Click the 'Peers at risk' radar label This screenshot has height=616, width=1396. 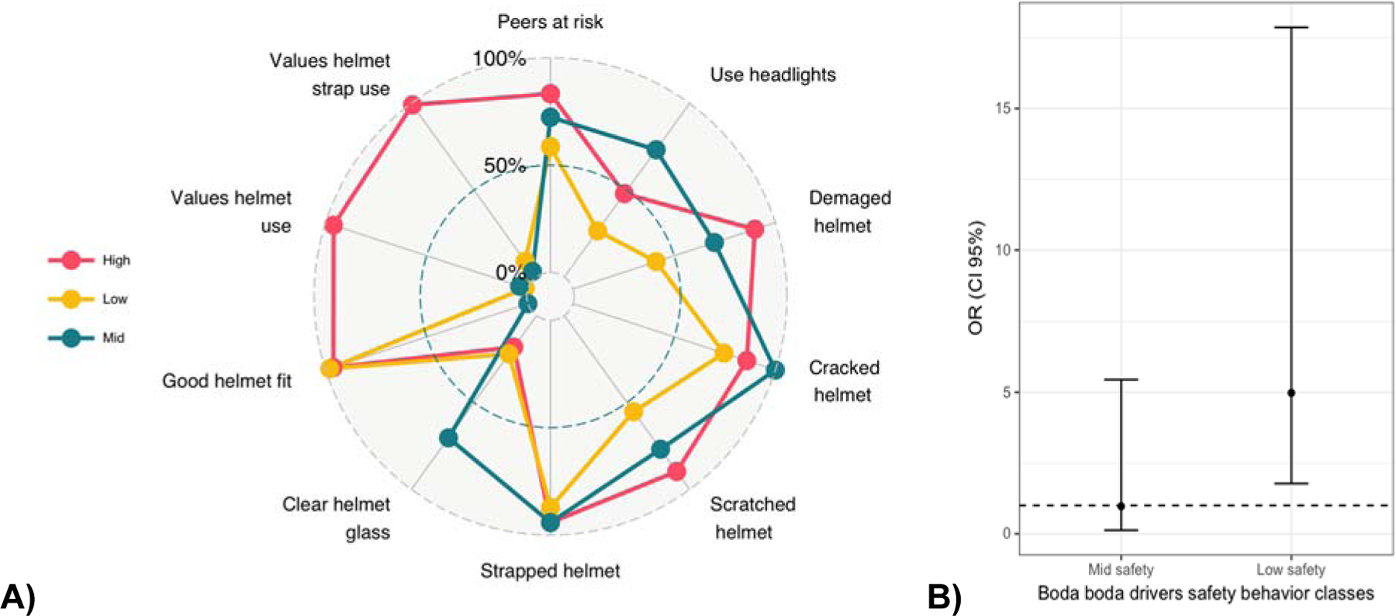[550, 22]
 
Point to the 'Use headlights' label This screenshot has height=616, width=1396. [772, 75]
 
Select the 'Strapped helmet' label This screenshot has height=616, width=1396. [550, 571]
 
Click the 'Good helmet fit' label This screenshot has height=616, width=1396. [226, 381]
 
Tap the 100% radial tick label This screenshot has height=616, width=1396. [499, 58]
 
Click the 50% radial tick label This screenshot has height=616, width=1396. [505, 165]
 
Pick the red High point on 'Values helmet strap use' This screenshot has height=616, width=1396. [413, 105]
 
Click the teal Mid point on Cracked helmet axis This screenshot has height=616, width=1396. [775, 370]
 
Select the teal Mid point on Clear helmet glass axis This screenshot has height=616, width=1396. [448, 438]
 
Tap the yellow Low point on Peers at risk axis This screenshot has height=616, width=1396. [550, 147]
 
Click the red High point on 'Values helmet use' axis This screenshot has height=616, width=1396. [333, 226]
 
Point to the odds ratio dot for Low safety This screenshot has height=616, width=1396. [1291, 393]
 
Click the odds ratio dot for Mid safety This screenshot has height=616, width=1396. [1121, 506]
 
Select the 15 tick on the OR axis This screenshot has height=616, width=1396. [1004, 109]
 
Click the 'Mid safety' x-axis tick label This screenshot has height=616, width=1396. [1121, 570]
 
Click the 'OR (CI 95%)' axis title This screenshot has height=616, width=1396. [976, 278]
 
